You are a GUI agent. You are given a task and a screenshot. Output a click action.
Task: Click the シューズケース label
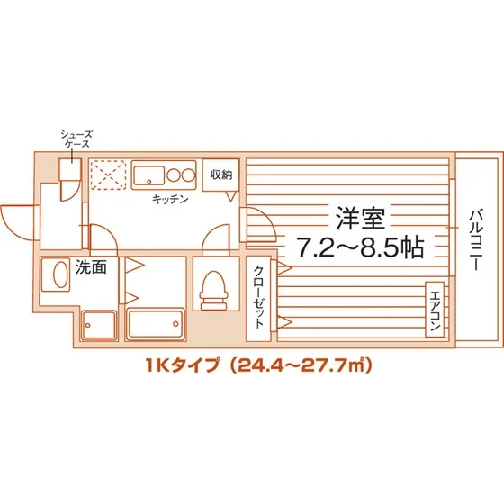click(76, 140)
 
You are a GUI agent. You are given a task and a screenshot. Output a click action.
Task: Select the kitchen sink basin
click(147, 173)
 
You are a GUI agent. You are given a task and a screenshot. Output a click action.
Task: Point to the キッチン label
click(168, 199)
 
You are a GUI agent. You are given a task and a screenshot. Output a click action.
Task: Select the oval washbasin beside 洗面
click(58, 275)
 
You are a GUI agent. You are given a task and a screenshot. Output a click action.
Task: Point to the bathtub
click(156, 325)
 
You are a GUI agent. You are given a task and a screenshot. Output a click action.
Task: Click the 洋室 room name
click(357, 217)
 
